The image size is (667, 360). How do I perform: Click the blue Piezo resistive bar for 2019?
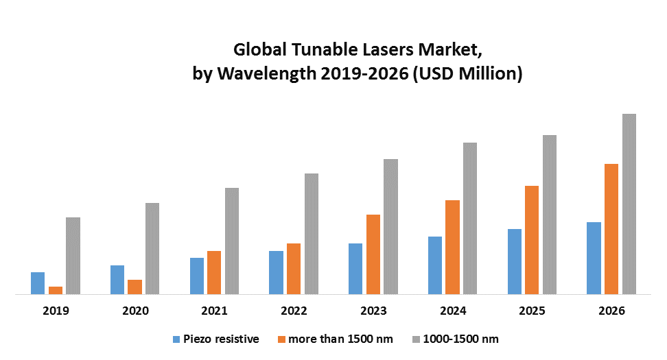[x=38, y=283]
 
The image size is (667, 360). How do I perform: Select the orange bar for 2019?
[x=56, y=290]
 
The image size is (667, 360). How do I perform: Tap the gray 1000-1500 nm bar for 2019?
[x=73, y=256]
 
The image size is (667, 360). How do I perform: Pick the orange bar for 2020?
[x=134, y=287]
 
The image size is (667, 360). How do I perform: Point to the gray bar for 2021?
[x=232, y=241]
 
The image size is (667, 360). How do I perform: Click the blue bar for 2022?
[x=276, y=272]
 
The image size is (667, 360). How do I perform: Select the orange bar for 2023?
[x=373, y=254]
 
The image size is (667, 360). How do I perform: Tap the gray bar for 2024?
[x=470, y=218]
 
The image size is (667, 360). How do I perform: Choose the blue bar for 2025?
[x=515, y=261]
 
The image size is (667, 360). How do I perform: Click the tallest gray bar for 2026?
[x=629, y=204]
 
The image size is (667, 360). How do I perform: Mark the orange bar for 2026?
[x=611, y=229]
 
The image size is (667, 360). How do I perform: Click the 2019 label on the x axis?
[x=56, y=311]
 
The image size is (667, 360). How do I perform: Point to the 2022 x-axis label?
[x=294, y=311]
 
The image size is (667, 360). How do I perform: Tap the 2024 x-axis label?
[x=453, y=311]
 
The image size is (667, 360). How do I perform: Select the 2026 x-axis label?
[x=611, y=311]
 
